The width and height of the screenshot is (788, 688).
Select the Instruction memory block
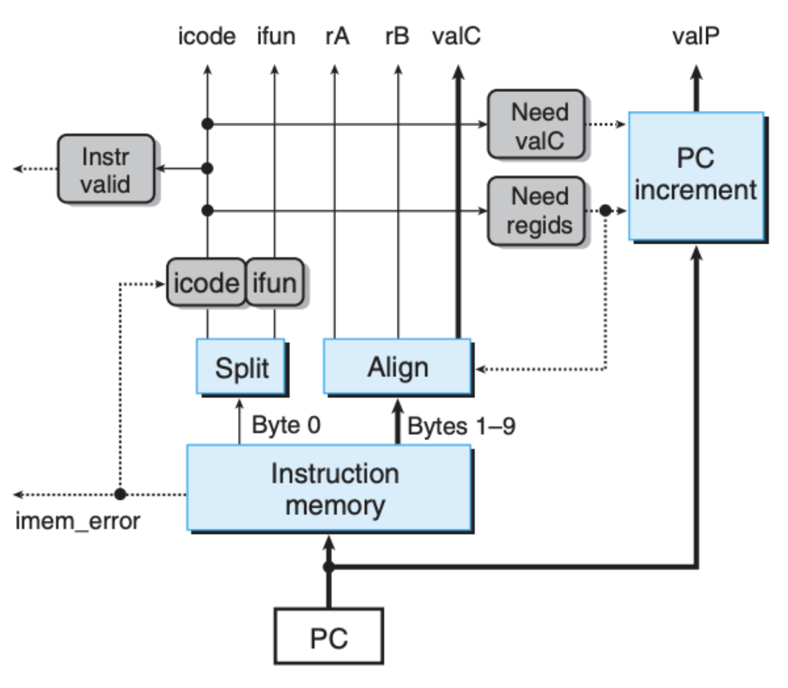point(329,488)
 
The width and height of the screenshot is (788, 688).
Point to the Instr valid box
point(106,168)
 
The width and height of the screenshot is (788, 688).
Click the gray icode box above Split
point(206,282)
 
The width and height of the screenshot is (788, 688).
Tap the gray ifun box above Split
point(275,282)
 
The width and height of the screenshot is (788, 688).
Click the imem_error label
point(78,521)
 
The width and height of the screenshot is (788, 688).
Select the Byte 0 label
point(286,425)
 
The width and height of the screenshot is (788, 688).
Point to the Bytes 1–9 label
point(461,426)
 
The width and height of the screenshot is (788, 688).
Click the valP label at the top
point(696,36)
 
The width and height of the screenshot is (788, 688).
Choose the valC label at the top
point(457,36)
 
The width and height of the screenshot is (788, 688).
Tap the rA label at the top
point(337,36)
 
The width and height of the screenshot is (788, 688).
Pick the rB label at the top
point(397,36)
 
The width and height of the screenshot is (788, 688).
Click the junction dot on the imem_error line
point(120,494)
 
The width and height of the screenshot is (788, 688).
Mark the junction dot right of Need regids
point(605,210)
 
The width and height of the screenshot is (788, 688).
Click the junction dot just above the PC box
point(328,567)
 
